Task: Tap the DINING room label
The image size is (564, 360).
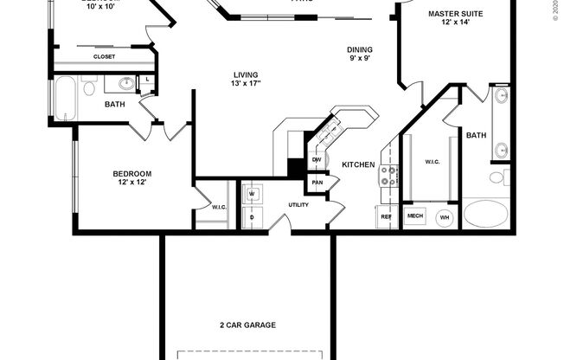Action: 360,49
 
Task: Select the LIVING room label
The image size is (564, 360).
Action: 247,74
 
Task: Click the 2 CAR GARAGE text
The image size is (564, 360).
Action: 247,325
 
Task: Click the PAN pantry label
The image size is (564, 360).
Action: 317,183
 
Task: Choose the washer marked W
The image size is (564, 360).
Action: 252,195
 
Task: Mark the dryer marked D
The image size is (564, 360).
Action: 252,216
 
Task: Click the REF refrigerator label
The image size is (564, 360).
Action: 385,216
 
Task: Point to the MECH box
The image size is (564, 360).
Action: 415,216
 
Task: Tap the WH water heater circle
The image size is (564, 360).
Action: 445,217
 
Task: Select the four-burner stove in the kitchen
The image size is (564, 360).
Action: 388,177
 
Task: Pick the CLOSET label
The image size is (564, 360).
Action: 105,57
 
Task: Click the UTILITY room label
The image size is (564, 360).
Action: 298,205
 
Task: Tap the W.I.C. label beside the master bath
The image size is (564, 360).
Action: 433,161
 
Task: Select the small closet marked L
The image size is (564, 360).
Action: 149,80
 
